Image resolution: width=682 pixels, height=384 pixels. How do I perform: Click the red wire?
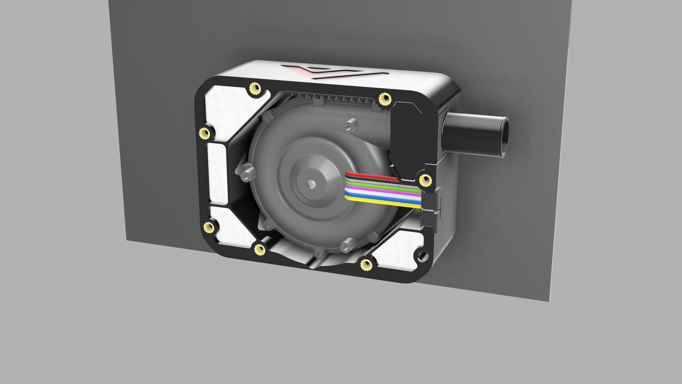pyautogui.click(x=373, y=176)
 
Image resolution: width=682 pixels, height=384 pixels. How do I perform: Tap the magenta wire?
pyautogui.click(x=384, y=192)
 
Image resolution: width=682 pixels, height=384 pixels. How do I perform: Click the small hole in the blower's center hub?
pyautogui.click(x=312, y=184)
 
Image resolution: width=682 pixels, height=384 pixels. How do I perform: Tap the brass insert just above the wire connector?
pyautogui.click(x=425, y=180)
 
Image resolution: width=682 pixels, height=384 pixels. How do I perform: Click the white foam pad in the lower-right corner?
pyautogui.click(x=400, y=251)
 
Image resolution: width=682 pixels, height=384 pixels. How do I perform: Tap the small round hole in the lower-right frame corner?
pyautogui.click(x=422, y=256)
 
